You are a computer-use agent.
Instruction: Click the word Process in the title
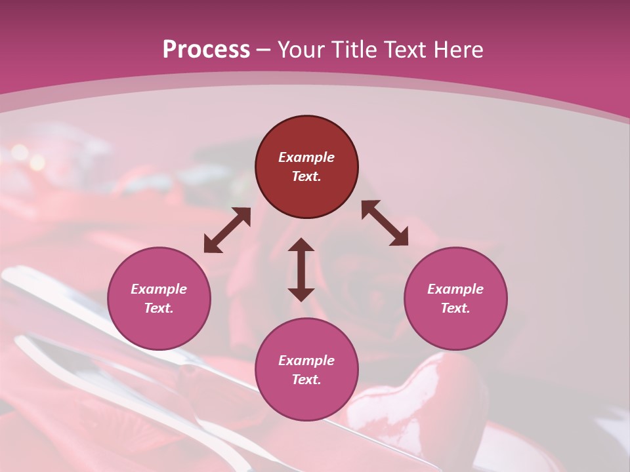(x=206, y=50)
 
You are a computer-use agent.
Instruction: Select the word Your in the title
(x=303, y=50)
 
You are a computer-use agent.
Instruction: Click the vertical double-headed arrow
(x=301, y=269)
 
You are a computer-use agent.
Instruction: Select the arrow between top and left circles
(x=227, y=230)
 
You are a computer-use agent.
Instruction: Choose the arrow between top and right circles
(x=385, y=223)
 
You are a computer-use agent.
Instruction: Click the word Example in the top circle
(x=306, y=157)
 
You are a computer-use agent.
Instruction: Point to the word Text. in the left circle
(x=159, y=308)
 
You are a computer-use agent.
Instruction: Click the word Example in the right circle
(x=455, y=289)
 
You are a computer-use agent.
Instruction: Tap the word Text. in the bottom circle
(x=306, y=380)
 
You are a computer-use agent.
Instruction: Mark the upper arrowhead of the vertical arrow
(x=301, y=245)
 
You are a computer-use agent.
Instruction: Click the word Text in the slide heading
(x=407, y=50)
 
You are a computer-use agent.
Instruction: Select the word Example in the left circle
(x=159, y=289)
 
